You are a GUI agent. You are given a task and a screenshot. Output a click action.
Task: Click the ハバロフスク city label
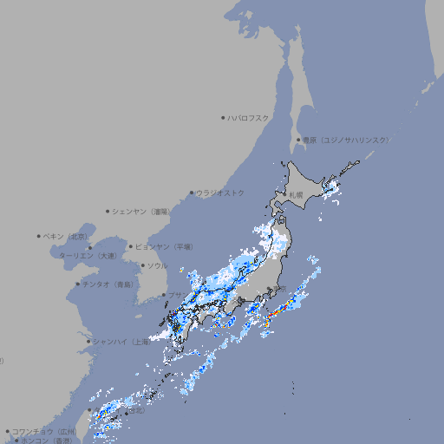(249, 117)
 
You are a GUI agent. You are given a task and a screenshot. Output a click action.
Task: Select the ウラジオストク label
(220, 193)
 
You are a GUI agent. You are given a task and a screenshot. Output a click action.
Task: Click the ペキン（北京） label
(67, 236)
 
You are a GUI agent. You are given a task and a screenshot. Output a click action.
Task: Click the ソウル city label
(157, 266)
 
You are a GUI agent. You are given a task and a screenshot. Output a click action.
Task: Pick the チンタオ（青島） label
(108, 284)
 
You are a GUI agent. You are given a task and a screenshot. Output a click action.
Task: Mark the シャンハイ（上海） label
(121, 342)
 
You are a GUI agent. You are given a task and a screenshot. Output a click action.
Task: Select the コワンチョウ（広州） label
(44, 431)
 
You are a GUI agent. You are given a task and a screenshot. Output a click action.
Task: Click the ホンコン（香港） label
(46, 441)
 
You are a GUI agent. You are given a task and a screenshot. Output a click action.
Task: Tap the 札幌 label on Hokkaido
(297, 195)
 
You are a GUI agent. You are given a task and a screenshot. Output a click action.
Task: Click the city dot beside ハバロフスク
(224, 117)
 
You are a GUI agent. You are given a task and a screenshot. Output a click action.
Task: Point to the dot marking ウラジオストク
(192, 193)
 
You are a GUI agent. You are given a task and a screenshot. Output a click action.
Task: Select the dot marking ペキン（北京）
(39, 236)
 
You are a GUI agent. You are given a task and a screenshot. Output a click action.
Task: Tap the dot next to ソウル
(141, 266)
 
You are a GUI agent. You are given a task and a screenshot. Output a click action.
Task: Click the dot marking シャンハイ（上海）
(88, 342)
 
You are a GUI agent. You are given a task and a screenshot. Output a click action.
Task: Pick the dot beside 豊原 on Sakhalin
(298, 140)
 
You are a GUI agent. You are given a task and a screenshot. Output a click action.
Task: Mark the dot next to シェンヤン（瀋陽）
(108, 211)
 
